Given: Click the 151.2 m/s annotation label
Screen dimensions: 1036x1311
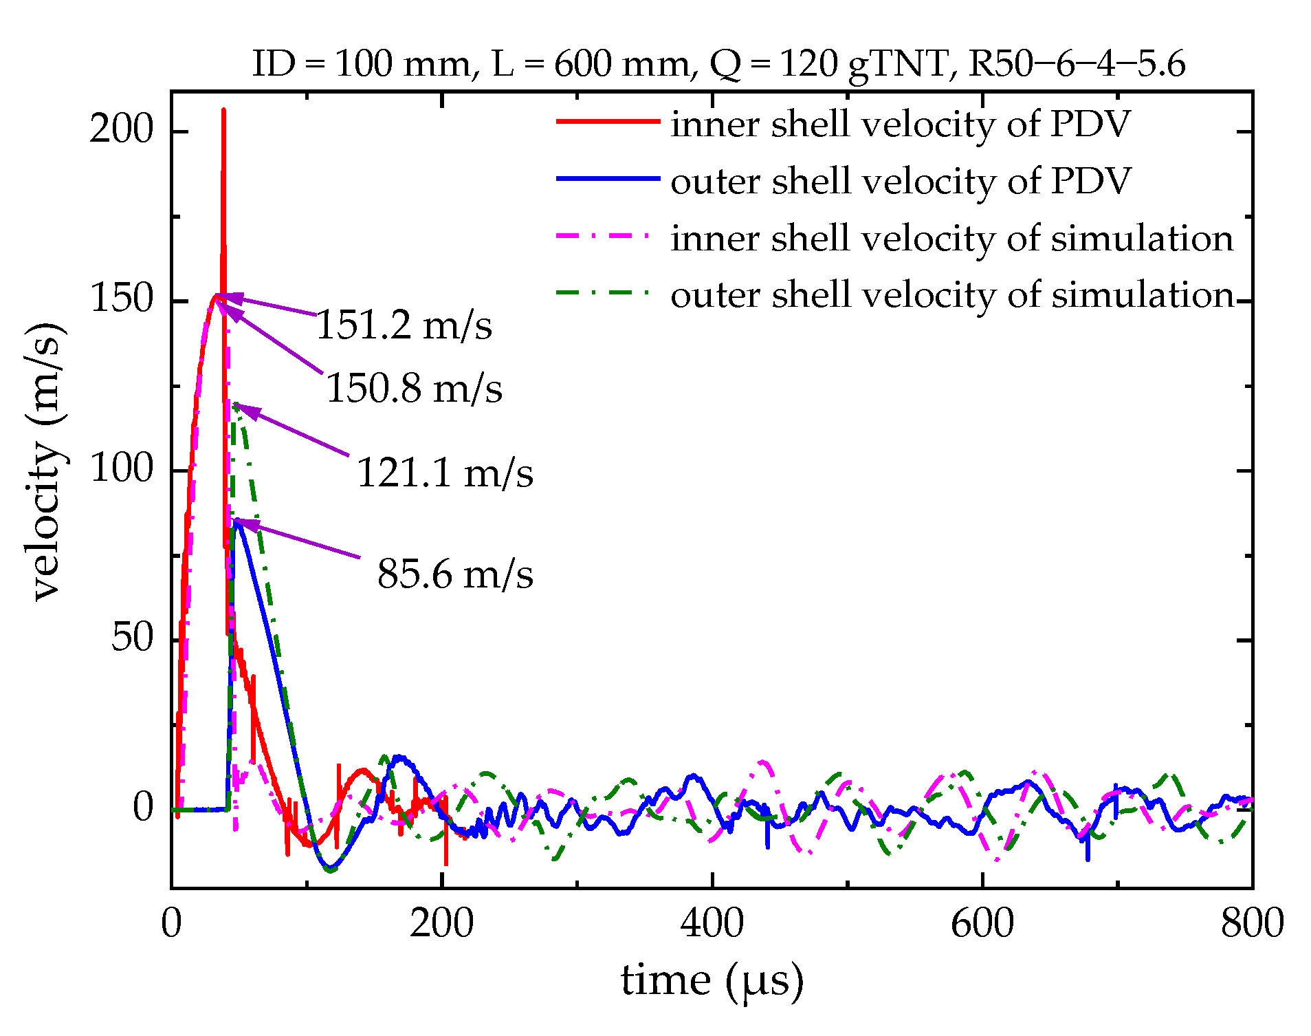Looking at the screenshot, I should (x=404, y=325).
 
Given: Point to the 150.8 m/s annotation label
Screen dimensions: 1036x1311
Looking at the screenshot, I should (x=414, y=389).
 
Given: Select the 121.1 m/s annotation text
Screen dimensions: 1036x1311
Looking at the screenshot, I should (x=445, y=473).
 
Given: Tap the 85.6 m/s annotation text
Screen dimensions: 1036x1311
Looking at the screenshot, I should (x=454, y=574).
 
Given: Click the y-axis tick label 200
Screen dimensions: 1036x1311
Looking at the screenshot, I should (x=121, y=129).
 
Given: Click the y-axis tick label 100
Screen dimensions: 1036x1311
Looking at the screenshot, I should (x=121, y=469).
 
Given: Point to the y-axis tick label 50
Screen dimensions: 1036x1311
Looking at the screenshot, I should (x=132, y=638).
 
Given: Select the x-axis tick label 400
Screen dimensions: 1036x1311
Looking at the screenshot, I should (x=712, y=923).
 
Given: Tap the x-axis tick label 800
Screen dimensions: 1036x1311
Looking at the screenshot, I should (x=1252, y=923).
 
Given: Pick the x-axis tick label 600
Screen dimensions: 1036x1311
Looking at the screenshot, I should (x=982, y=923).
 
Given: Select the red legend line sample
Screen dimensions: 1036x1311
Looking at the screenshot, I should (x=608, y=122).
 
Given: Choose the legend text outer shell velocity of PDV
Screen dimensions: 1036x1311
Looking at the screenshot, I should (x=900, y=182).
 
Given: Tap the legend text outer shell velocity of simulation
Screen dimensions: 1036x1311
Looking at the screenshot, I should (x=951, y=295).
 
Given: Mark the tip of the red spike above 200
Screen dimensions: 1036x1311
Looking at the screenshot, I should (x=223, y=110).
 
